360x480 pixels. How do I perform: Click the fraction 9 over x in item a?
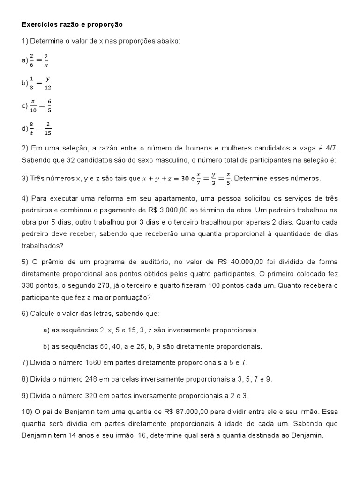click(x=46, y=60)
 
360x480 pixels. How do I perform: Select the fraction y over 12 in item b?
click(x=48, y=83)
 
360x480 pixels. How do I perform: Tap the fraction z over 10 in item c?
click(x=33, y=105)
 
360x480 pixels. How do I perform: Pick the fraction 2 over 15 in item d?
click(x=48, y=128)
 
